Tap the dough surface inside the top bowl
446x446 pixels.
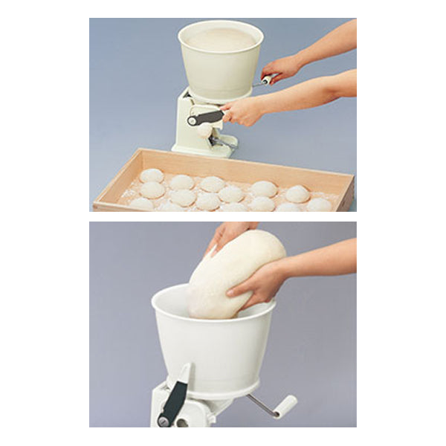click(x=221, y=39)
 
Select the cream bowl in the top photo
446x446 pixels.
click(x=221, y=67)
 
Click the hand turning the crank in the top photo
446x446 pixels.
click(x=282, y=68)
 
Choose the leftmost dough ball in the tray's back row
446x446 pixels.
click(x=152, y=176)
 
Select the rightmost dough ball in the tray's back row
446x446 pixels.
click(x=297, y=194)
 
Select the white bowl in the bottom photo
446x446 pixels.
click(x=216, y=349)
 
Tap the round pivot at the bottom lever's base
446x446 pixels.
click(x=164, y=421)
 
